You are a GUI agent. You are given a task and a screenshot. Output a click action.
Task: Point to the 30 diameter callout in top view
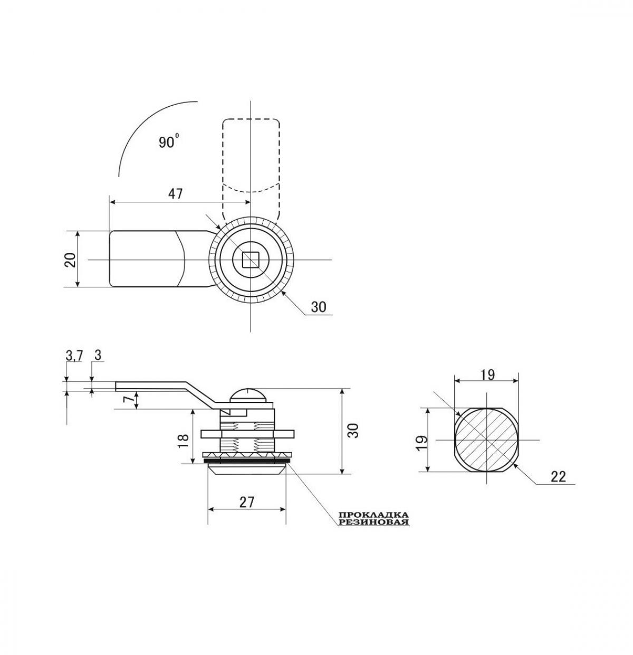coord(318,307)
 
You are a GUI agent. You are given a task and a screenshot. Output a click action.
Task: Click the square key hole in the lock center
coord(250,259)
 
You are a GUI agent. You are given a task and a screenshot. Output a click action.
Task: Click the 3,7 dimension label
coord(74,355)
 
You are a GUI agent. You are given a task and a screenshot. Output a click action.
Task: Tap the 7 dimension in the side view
coord(127,400)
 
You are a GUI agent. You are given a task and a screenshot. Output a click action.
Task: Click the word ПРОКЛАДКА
coord(373,514)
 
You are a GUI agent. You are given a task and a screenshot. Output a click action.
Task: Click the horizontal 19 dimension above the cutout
coord(487,375)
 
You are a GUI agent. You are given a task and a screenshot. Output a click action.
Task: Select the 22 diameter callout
coord(558,476)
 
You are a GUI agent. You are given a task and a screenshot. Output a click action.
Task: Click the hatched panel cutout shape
coord(486,440)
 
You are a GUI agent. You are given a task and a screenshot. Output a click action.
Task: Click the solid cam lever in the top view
coord(148,259)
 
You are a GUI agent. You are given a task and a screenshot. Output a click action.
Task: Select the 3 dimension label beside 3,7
coord(98,355)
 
